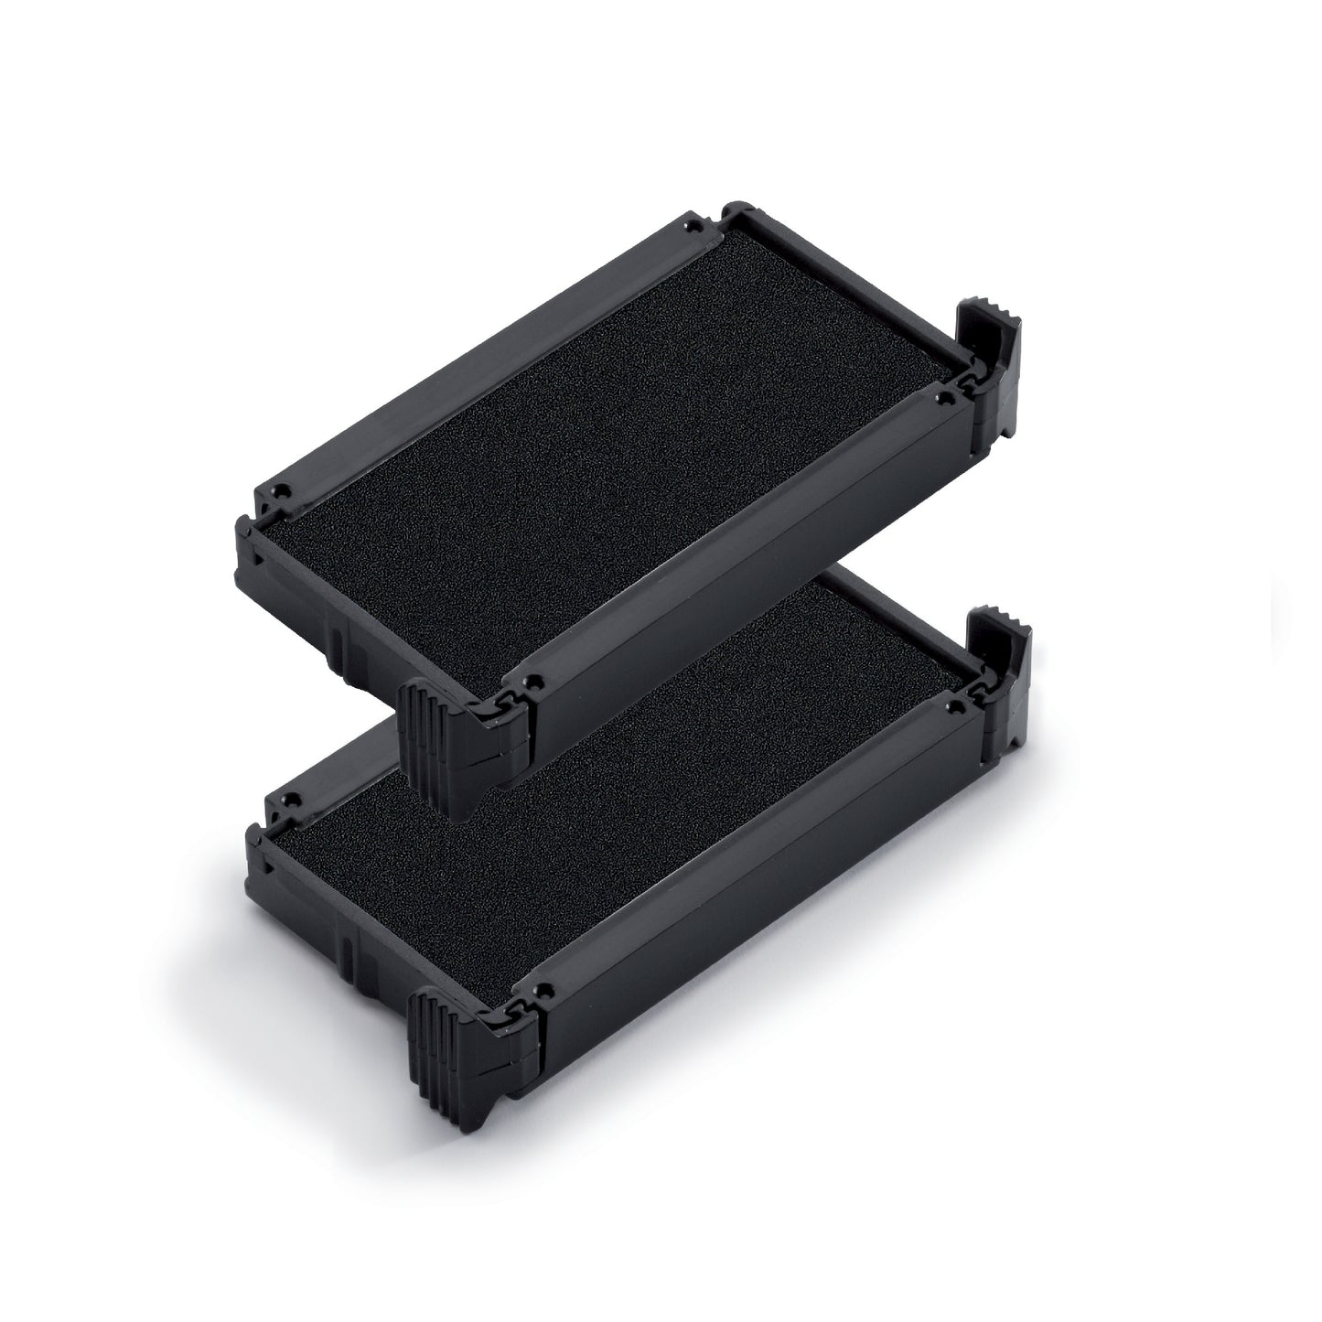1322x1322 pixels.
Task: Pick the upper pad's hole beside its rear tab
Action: point(940,399)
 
